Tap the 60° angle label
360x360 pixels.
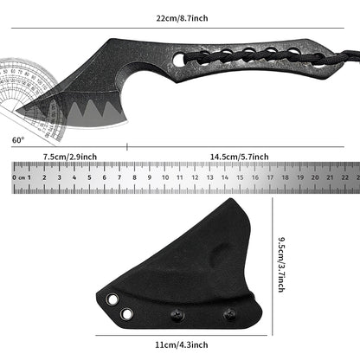(x=18, y=138)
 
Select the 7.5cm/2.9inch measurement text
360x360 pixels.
(x=70, y=157)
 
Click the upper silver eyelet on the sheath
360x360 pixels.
(x=112, y=299)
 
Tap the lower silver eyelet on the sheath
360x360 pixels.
(x=126, y=312)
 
